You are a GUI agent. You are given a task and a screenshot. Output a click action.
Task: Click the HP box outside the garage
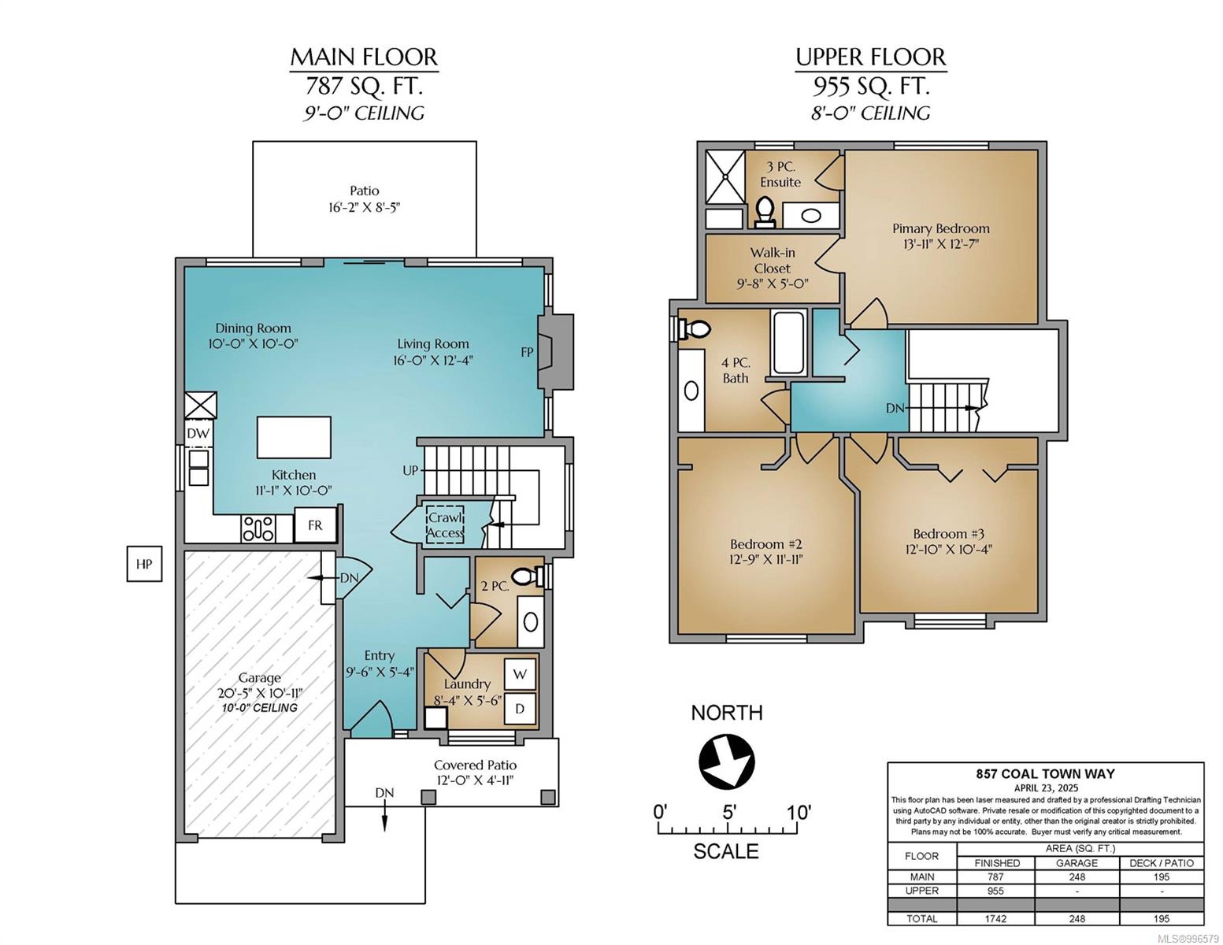click(x=144, y=563)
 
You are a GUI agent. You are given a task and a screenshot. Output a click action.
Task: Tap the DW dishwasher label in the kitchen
click(x=198, y=433)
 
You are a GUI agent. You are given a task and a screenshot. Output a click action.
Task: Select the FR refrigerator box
click(x=315, y=524)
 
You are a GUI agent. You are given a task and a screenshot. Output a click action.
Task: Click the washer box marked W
click(x=520, y=674)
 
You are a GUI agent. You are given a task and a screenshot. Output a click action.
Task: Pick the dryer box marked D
click(x=520, y=709)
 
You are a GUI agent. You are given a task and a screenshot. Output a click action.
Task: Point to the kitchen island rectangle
click(x=294, y=437)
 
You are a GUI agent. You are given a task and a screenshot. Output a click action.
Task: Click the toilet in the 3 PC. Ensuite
click(x=765, y=212)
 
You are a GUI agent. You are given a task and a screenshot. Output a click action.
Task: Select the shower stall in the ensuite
click(x=725, y=176)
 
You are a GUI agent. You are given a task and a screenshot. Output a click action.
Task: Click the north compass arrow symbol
click(x=726, y=761)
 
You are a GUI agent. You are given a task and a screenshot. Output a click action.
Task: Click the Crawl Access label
click(x=445, y=524)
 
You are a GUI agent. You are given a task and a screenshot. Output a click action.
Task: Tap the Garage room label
click(x=259, y=678)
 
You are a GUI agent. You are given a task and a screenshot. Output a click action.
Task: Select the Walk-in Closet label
click(x=773, y=261)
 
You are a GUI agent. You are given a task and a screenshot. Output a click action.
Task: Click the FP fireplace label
click(x=527, y=352)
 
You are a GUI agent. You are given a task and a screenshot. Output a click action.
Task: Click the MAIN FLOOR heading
click(x=364, y=57)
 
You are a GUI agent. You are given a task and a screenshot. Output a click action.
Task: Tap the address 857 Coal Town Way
click(x=1045, y=774)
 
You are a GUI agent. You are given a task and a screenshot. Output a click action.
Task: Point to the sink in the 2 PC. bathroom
click(x=531, y=622)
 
